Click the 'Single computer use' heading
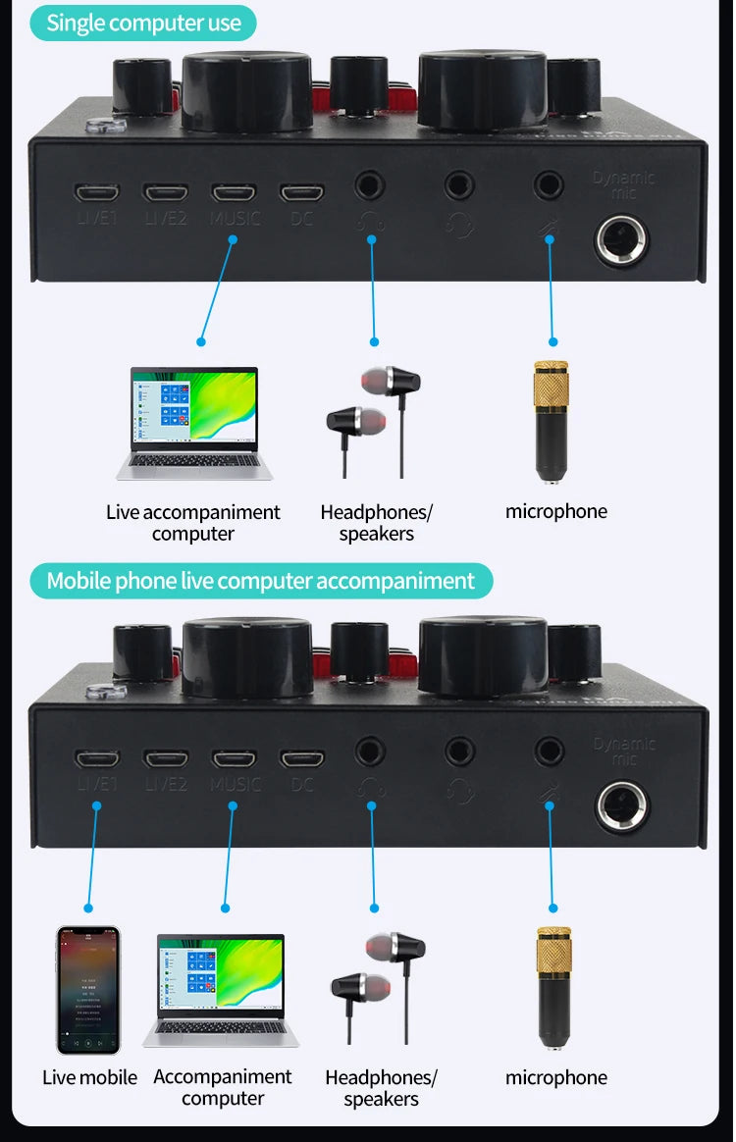(x=143, y=24)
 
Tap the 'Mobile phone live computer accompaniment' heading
(x=260, y=581)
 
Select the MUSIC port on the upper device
(x=235, y=193)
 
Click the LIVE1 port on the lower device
(x=97, y=758)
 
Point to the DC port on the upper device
(x=302, y=193)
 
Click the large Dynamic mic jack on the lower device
(x=622, y=805)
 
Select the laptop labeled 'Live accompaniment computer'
(x=194, y=424)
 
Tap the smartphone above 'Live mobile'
(x=88, y=989)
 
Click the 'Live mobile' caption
(x=89, y=1077)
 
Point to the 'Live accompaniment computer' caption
(x=193, y=523)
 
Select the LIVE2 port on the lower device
(x=166, y=758)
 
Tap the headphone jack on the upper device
(x=371, y=183)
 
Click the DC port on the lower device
(x=302, y=758)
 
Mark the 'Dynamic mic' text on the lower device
(x=624, y=752)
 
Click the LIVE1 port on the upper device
(x=97, y=193)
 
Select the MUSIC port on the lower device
(x=235, y=758)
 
